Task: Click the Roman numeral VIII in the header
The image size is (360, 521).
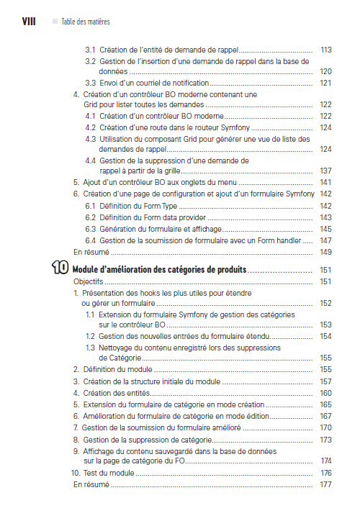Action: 26,22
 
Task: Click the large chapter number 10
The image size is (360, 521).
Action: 61,269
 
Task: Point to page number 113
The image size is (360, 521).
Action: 325,50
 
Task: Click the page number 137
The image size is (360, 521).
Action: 325,171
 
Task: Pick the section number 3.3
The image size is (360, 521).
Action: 91,83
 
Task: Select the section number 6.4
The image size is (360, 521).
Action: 91,240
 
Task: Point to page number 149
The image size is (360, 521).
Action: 325,252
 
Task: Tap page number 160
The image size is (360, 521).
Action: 325,393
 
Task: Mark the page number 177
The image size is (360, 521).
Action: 325,485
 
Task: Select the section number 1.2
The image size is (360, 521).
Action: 91,336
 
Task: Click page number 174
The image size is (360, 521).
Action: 325,461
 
